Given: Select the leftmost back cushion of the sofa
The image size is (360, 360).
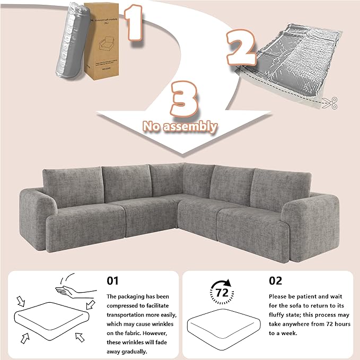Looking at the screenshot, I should pyautogui.click(x=73, y=186).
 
